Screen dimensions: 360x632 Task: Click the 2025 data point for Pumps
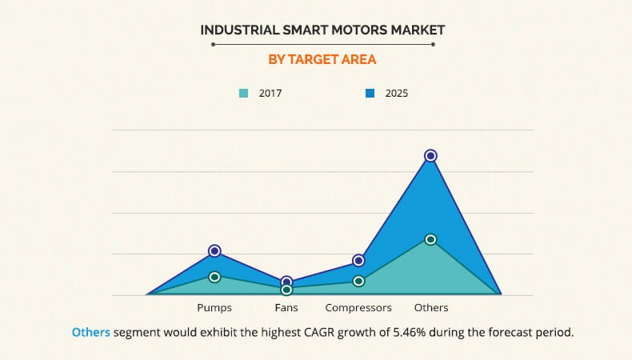214,251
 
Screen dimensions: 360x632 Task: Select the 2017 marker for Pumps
214,277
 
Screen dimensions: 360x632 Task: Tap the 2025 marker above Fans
286,282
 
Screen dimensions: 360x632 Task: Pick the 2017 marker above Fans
286,290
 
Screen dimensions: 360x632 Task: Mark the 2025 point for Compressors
358,261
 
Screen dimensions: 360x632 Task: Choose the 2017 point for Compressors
358,281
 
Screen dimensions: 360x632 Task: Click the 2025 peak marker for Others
430,155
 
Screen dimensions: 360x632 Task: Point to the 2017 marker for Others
430,239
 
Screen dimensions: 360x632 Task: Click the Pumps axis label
214,308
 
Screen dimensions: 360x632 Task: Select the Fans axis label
286,308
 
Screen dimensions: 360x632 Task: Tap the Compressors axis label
358,308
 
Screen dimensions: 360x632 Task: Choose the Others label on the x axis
430,308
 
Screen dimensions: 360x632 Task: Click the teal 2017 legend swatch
243,94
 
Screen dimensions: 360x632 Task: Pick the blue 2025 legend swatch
370,94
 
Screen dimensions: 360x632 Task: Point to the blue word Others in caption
90,332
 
